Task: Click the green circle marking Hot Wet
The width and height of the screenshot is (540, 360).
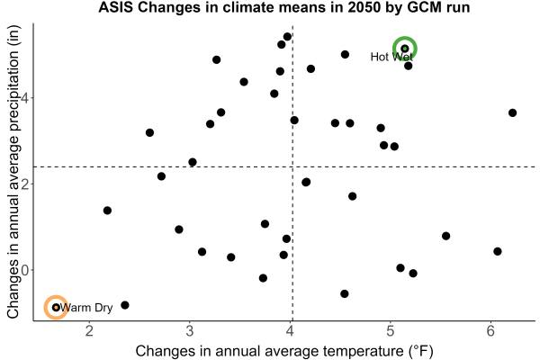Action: pos(405,38)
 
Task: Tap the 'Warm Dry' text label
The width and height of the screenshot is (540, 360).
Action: pos(86,308)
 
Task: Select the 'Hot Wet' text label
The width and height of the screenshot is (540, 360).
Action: pos(391,57)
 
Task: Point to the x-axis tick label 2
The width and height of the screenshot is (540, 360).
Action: pos(89,331)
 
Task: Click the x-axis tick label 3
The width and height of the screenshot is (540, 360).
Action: pos(190,331)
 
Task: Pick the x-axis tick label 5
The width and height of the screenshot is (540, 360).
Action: pos(391,331)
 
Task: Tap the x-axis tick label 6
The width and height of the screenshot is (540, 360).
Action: pos(490,331)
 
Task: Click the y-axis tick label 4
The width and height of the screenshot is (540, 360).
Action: pos(25,98)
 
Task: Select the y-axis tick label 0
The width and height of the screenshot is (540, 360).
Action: pos(25,270)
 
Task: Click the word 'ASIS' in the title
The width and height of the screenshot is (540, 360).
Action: pos(116,7)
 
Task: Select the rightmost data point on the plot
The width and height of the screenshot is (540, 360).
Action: pos(512,112)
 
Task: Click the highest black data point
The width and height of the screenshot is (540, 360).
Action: pos(287,37)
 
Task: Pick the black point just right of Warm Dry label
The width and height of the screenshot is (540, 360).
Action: pos(125,305)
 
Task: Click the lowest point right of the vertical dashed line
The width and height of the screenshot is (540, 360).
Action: pos(345,294)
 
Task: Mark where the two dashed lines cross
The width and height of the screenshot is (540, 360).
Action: pos(292,167)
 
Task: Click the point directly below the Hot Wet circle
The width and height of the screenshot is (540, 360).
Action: pos(408,66)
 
